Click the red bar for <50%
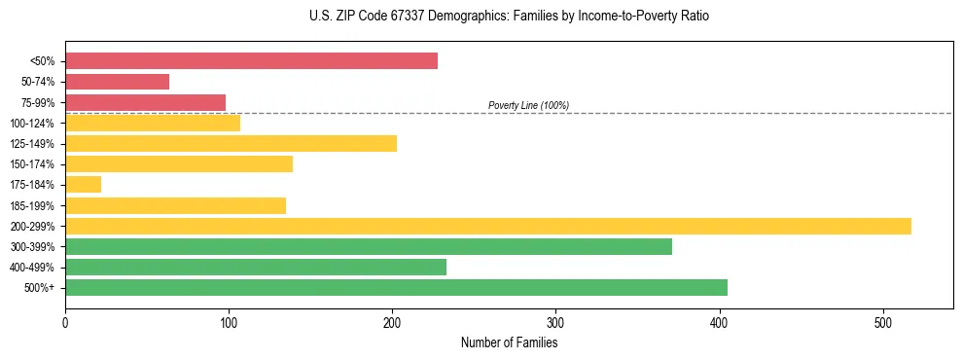click(251, 61)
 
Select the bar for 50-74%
click(117, 82)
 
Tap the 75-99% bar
click(145, 102)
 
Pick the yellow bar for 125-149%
click(231, 144)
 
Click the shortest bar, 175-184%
click(83, 185)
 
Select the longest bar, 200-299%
click(487, 226)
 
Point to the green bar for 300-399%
click(368, 246)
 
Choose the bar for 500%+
click(396, 287)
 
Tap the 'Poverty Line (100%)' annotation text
click(528, 105)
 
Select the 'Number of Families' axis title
click(509, 342)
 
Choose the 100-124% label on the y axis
click(32, 124)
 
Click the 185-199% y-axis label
click(32, 205)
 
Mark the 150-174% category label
click(32, 164)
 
